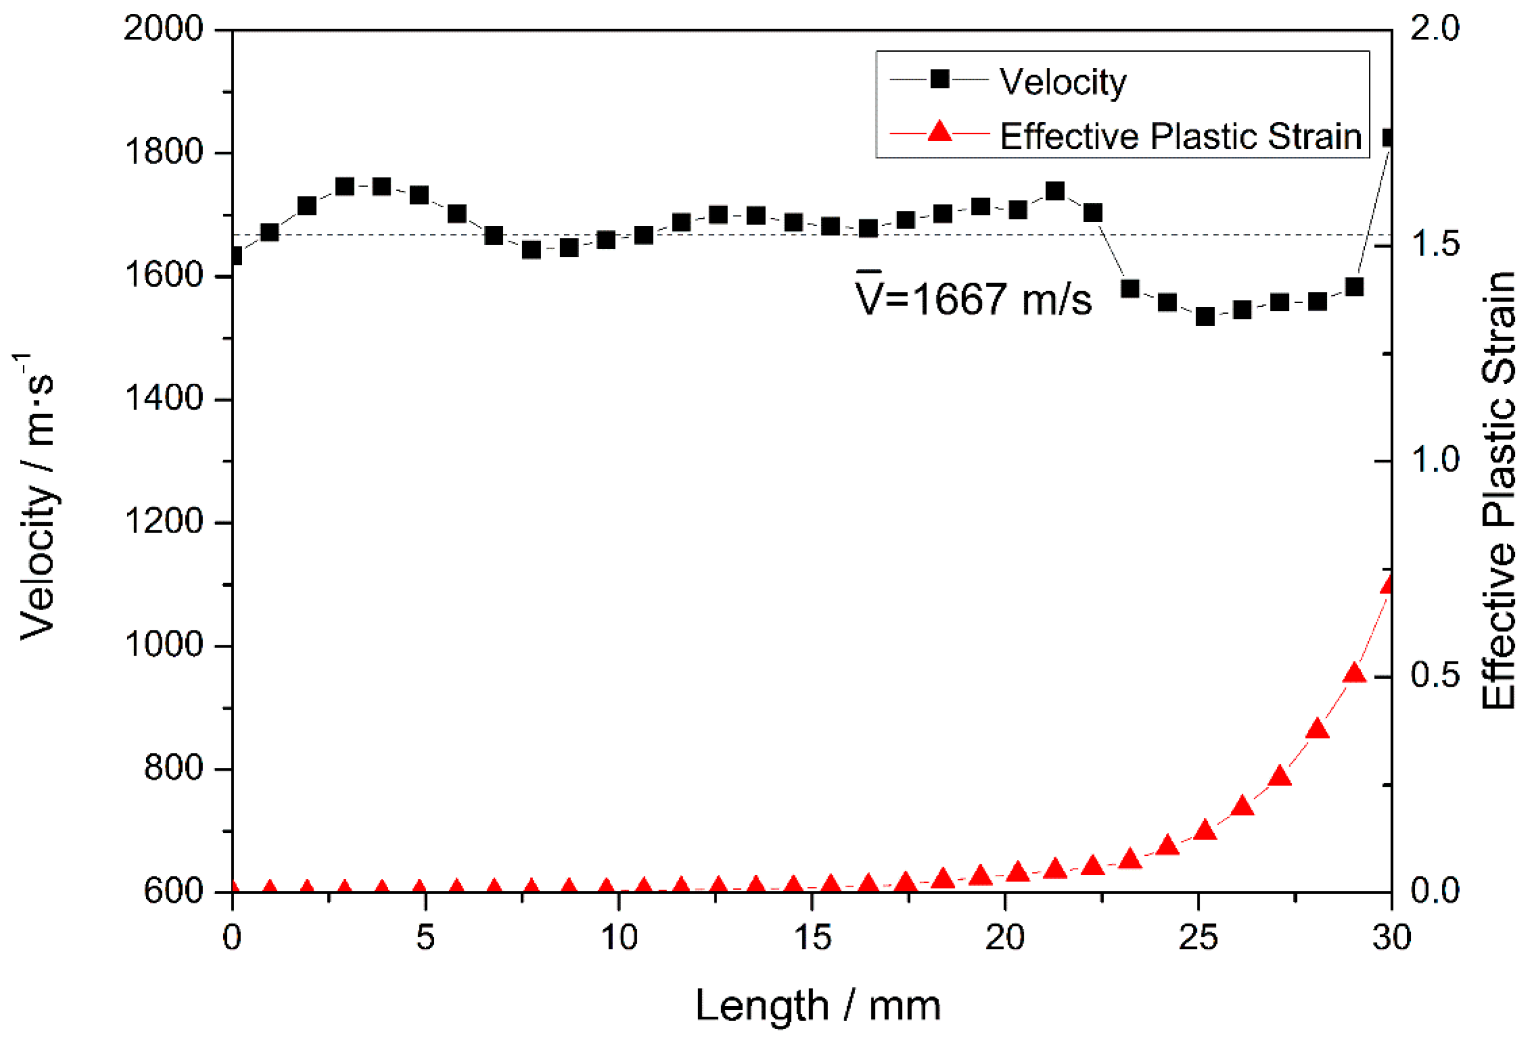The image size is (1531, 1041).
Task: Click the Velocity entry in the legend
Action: (1061, 82)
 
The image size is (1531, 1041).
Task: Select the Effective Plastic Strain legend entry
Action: (1180, 136)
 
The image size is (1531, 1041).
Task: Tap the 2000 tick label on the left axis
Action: (163, 29)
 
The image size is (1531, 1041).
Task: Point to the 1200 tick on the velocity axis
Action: (163, 522)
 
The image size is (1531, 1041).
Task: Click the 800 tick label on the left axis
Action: (173, 768)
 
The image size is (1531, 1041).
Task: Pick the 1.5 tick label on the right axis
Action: (1435, 244)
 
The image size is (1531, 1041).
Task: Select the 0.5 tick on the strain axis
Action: (1435, 675)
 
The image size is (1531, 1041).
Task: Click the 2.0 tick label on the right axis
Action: (1435, 29)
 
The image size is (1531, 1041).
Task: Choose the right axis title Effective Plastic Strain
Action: (1498, 491)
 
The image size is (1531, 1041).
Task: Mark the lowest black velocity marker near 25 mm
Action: (1205, 317)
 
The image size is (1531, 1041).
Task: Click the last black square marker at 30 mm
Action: (1389, 137)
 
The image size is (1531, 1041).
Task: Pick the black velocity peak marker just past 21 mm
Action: (1055, 191)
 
